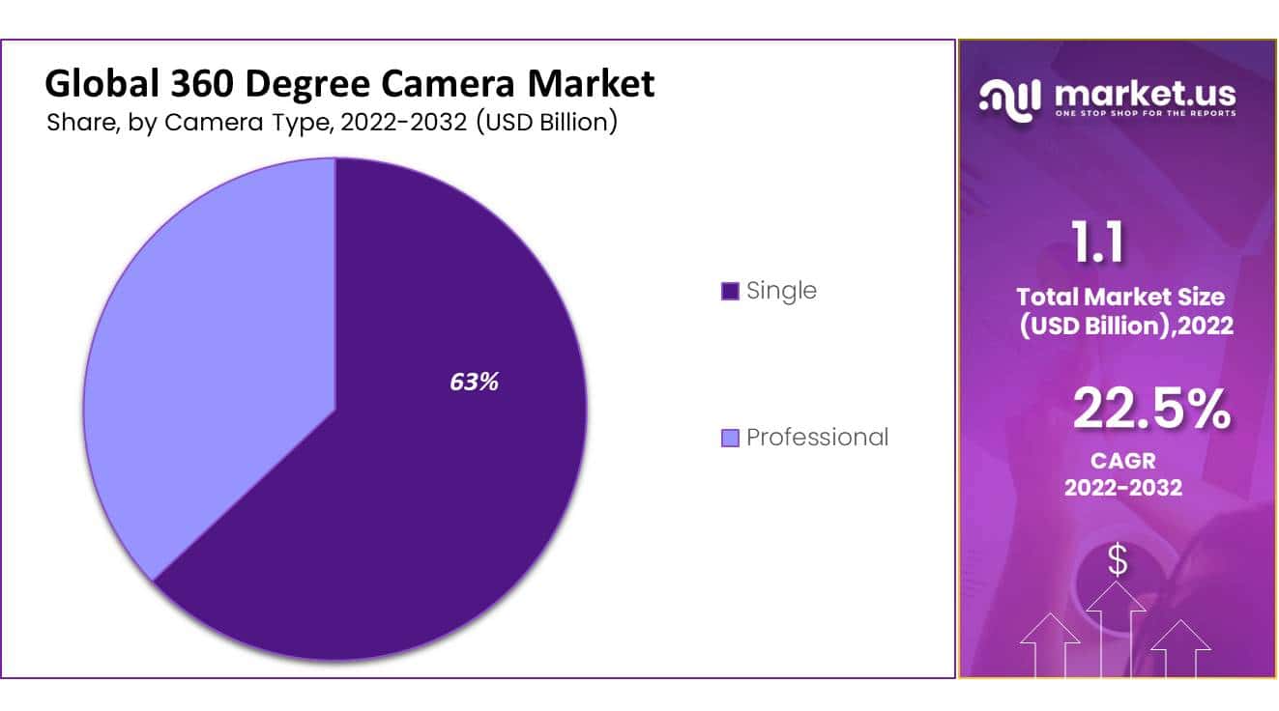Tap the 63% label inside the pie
click(x=474, y=382)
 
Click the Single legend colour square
click(x=730, y=291)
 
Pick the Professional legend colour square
click(x=730, y=438)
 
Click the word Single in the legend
click(x=781, y=290)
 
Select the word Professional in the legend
click(x=817, y=437)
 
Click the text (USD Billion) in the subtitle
click(x=545, y=123)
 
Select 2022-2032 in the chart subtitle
click(x=398, y=123)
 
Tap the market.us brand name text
click(x=1145, y=94)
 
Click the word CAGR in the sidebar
click(x=1121, y=461)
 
